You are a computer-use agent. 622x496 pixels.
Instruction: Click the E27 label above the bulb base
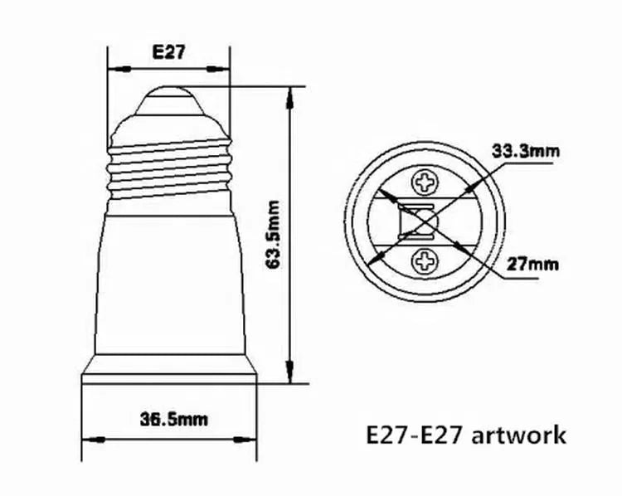tap(169, 52)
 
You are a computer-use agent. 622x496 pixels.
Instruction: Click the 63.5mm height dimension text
tap(274, 235)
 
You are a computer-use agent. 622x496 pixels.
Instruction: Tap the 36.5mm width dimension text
tap(174, 420)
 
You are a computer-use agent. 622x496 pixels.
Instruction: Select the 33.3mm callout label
tap(526, 151)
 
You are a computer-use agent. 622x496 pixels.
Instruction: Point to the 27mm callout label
tap(532, 264)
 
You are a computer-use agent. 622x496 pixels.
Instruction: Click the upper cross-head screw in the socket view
tap(425, 182)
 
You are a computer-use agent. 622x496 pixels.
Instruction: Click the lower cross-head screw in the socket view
tap(425, 261)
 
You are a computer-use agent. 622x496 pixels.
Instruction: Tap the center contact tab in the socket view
tap(416, 221)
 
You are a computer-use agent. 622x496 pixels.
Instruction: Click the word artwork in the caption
tap(519, 435)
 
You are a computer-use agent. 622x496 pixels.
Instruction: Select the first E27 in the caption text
tap(386, 435)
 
